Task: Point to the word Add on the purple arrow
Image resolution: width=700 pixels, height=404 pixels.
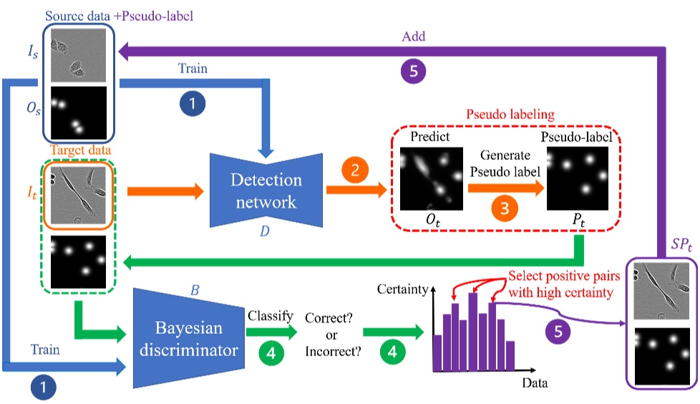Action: click(416, 35)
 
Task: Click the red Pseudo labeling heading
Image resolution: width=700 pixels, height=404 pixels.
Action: click(505, 115)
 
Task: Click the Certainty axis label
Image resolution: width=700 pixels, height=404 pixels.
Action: click(402, 290)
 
